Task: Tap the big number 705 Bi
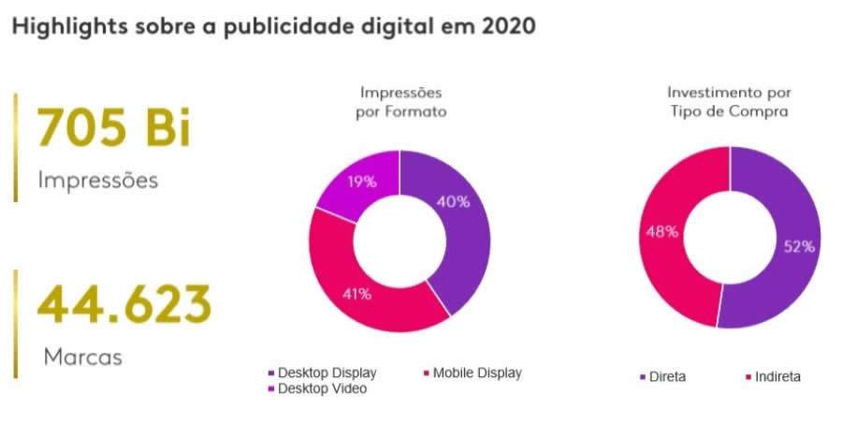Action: (x=113, y=127)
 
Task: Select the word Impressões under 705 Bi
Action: (x=98, y=180)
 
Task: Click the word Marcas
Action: (x=83, y=357)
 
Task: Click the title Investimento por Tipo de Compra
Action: (x=729, y=102)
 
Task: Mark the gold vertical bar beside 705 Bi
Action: (x=15, y=146)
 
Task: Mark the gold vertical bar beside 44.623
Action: (x=15, y=323)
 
